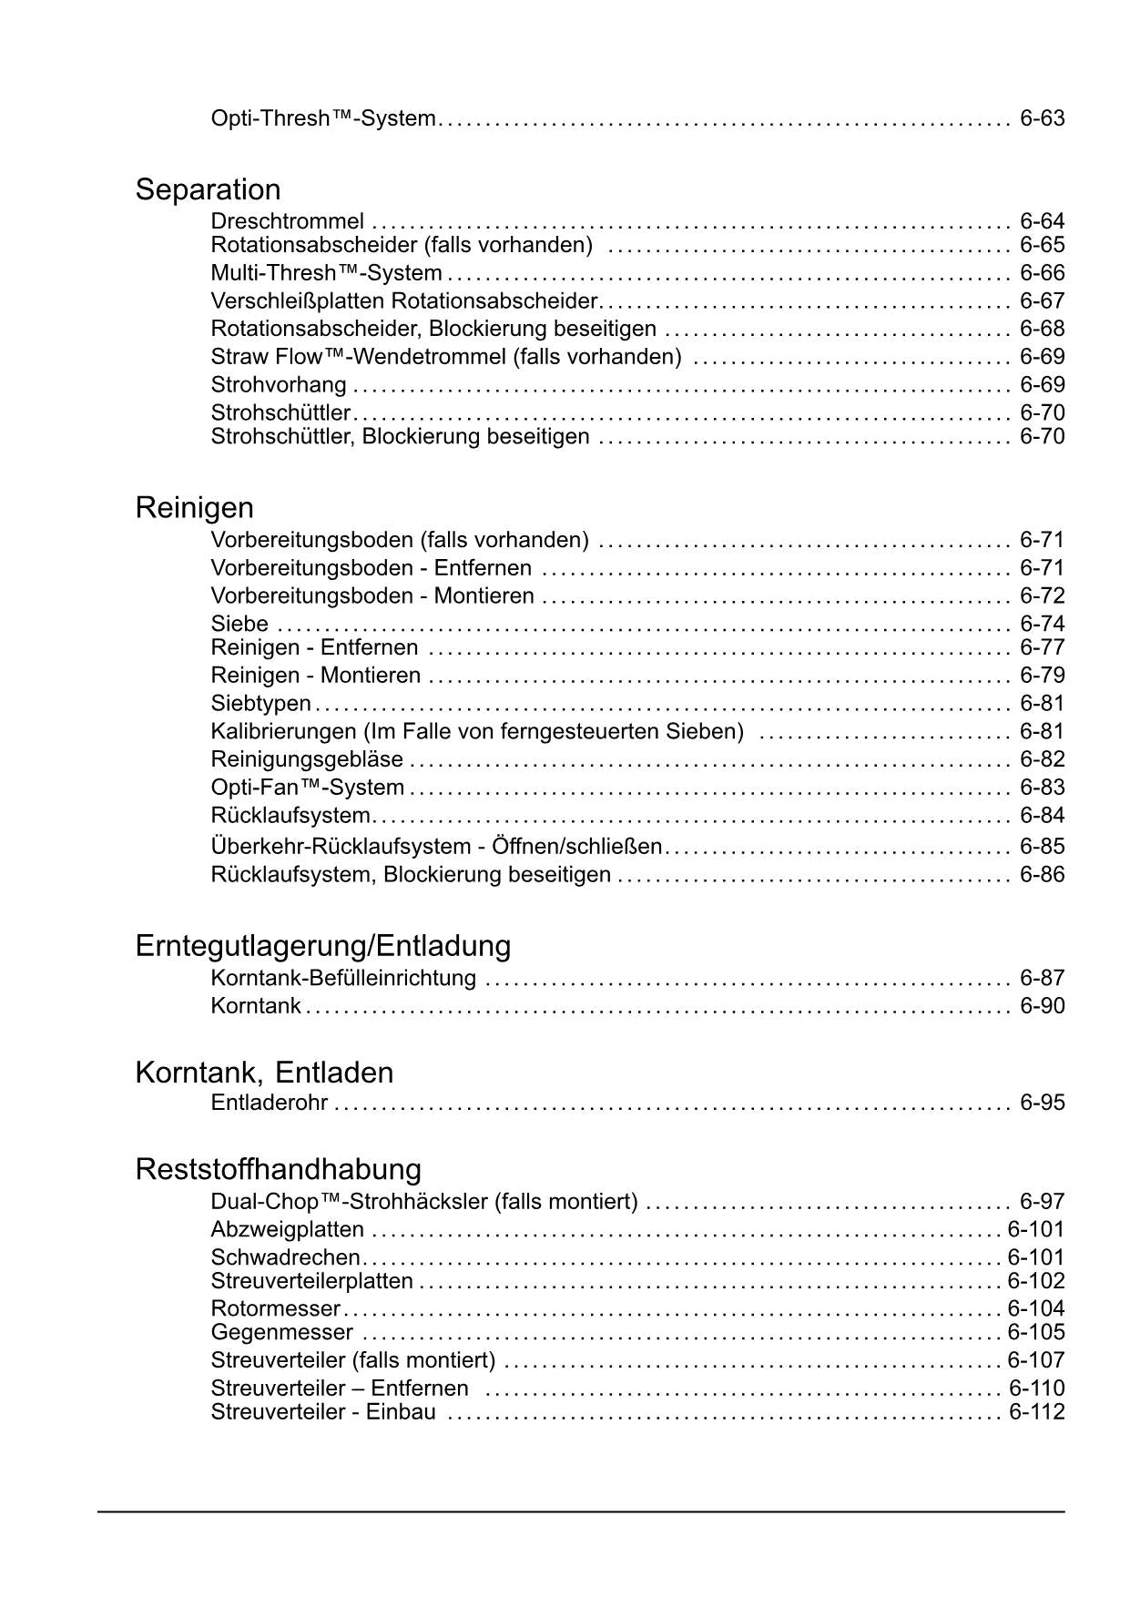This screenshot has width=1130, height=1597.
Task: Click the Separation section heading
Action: pyautogui.click(x=208, y=189)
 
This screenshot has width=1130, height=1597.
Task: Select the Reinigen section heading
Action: pyautogui.click(x=194, y=507)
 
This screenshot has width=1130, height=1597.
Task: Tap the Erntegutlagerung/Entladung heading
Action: pyautogui.click(x=322, y=946)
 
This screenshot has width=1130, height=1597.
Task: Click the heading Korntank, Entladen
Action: pyautogui.click(x=264, y=1073)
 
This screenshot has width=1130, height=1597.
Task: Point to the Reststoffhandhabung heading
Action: pyautogui.click(x=278, y=1169)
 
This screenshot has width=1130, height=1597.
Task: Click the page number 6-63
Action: pyautogui.click(x=1042, y=118)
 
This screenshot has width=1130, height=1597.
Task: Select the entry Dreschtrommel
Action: pyautogui.click(x=287, y=221)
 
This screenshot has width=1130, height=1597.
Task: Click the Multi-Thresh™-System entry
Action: pyautogui.click(x=326, y=273)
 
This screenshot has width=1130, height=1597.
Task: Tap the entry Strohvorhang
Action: pyautogui.click(x=279, y=385)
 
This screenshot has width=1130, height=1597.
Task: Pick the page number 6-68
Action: pyautogui.click(x=1042, y=329)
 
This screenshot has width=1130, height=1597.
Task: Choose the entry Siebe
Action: pyautogui.click(x=239, y=624)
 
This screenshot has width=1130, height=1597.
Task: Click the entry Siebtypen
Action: pyautogui.click(x=260, y=704)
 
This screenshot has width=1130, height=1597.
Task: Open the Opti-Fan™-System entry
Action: pyautogui.click(x=307, y=788)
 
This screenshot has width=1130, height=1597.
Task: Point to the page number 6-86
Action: pyautogui.click(x=1042, y=875)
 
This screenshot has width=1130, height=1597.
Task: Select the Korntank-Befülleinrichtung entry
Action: pyautogui.click(x=343, y=978)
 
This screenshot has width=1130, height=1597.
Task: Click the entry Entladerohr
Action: pyautogui.click(x=269, y=1103)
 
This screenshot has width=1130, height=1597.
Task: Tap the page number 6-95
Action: pyautogui.click(x=1042, y=1103)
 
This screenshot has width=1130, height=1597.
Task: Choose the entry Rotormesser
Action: pyautogui.click(x=275, y=1308)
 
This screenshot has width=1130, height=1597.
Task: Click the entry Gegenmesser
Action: pyautogui.click(x=281, y=1332)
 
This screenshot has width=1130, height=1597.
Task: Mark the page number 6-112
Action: pyautogui.click(x=1036, y=1412)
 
